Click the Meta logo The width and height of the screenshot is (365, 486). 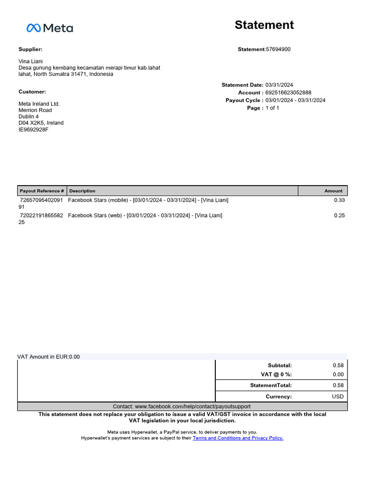coord(49,28)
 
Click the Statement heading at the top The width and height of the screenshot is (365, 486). coord(264,25)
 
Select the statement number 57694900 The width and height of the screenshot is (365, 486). coord(278,49)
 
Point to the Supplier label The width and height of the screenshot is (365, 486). coord(30,49)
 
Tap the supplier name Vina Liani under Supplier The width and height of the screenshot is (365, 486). coord(31,61)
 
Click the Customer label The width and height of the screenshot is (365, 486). coord(32,92)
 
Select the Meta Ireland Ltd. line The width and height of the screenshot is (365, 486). coord(39,104)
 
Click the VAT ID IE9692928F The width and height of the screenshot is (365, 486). coord(33,130)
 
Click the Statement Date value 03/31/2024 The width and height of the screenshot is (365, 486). coord(279,85)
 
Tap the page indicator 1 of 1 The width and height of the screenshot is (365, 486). coord(272,108)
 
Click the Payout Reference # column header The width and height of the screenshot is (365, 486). coord(42,191)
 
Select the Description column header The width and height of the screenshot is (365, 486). coord(82,191)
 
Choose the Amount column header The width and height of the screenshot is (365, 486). coord(333,191)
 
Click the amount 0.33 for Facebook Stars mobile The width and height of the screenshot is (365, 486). coord(339,200)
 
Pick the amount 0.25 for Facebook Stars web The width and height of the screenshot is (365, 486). coord(339,215)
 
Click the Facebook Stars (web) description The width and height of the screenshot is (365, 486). coord(145,215)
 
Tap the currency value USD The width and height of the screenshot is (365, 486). coord(337,396)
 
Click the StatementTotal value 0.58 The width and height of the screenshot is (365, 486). coord(338,385)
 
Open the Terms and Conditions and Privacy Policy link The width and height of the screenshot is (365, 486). coord(238,438)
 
